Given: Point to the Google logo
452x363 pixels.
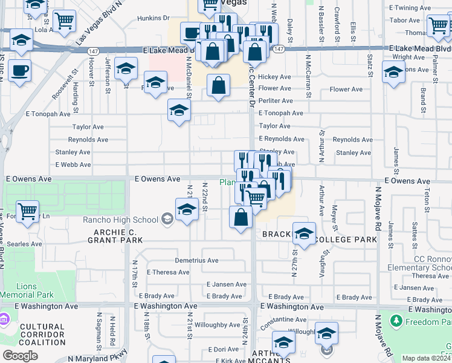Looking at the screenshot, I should pyautogui.click(x=20, y=356).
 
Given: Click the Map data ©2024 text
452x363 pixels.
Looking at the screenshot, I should pyautogui.click(x=427, y=358).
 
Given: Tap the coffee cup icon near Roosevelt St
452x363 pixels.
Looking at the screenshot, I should pyautogui.click(x=19, y=70).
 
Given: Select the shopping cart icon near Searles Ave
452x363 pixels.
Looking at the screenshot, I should pyautogui.click(x=27, y=211).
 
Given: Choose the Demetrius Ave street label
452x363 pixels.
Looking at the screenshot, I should pyautogui.click(x=196, y=260).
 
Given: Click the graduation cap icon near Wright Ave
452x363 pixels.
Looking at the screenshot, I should pyautogui.click(x=393, y=72).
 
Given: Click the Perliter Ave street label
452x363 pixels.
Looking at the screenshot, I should pyautogui.click(x=276, y=100).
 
